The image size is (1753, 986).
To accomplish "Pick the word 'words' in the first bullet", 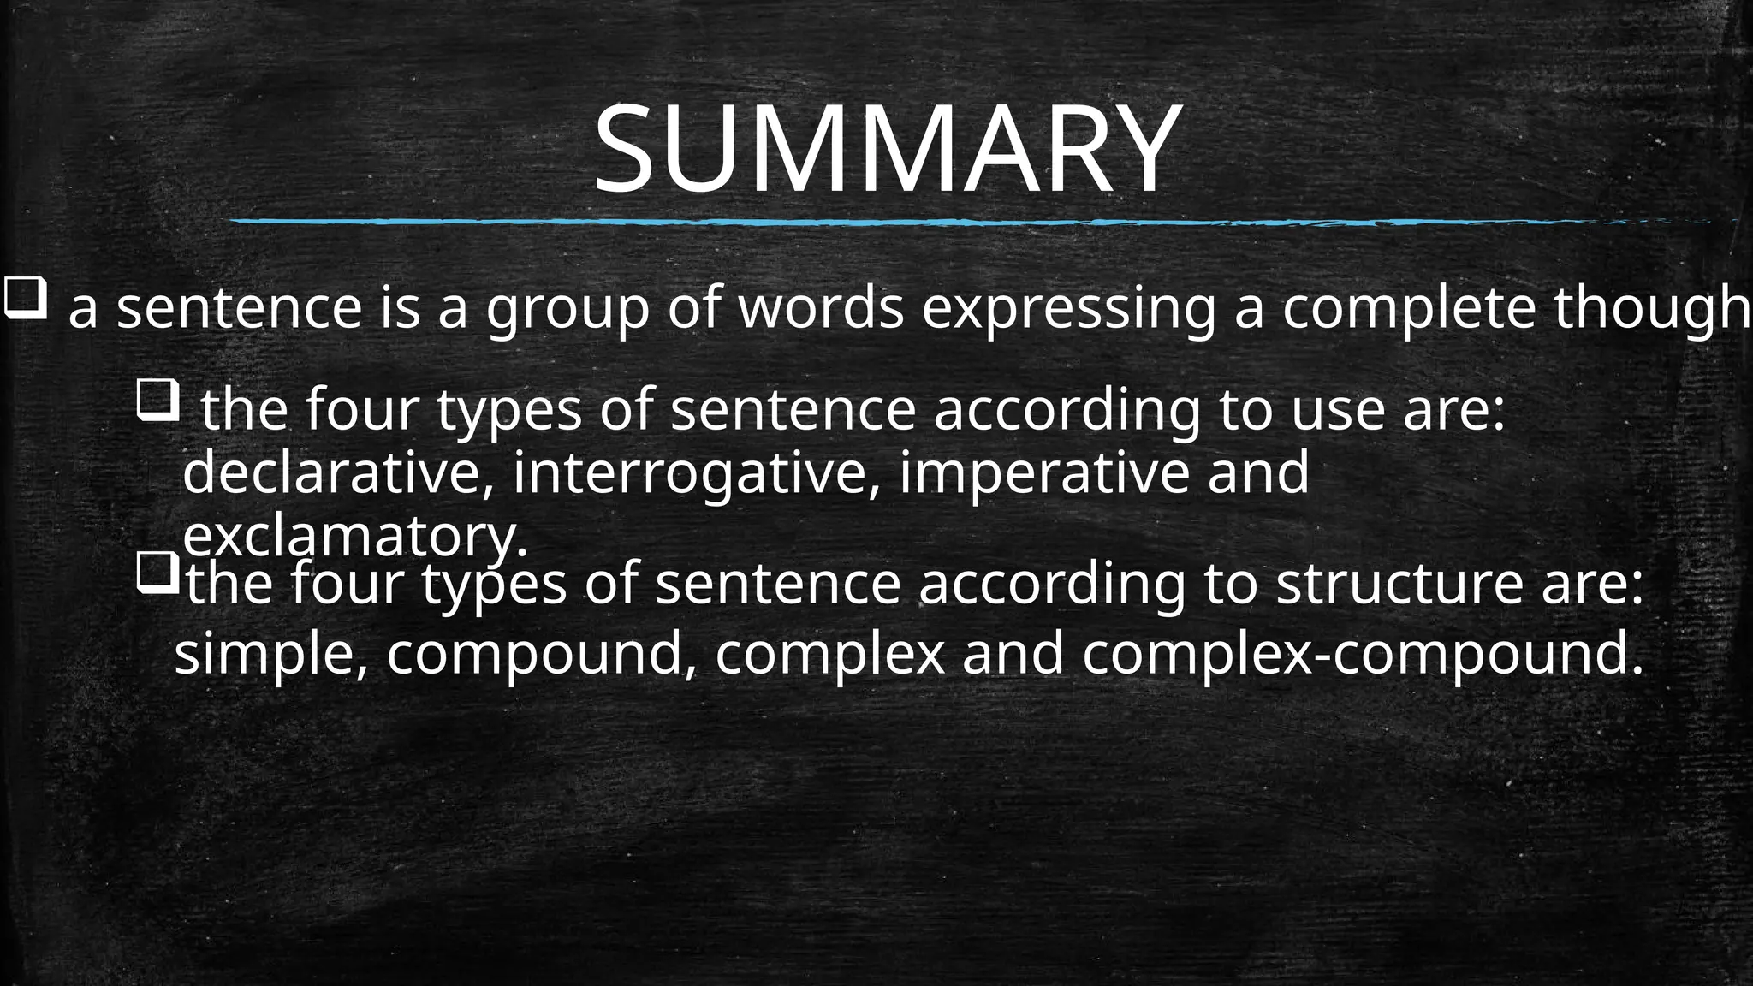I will [820, 309].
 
